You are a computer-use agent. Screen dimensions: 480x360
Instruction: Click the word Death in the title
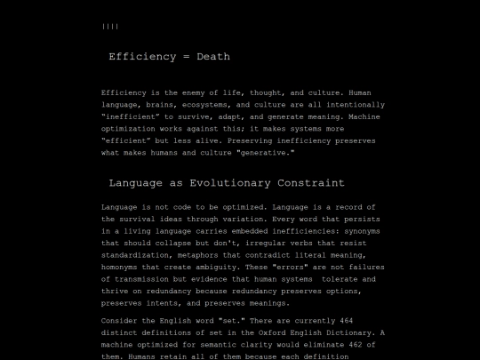[212, 57]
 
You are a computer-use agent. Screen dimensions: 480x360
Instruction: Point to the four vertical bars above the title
[110, 27]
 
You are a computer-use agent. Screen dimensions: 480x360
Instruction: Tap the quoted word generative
[266, 152]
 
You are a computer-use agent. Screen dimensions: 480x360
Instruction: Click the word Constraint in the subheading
[310, 183]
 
